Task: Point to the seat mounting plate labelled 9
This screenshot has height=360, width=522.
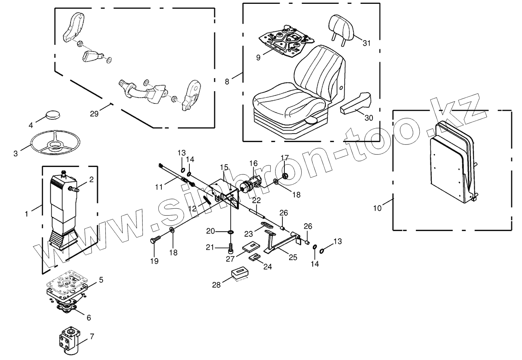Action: (x=286, y=40)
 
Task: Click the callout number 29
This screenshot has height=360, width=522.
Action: (x=94, y=114)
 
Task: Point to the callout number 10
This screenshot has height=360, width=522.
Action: (x=378, y=208)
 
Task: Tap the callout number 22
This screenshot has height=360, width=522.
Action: (x=256, y=200)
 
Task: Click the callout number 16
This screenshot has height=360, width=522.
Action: (x=253, y=164)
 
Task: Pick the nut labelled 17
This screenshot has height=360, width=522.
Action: (x=285, y=176)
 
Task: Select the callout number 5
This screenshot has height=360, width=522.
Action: (x=101, y=280)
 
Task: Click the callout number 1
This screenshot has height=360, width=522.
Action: (x=26, y=214)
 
